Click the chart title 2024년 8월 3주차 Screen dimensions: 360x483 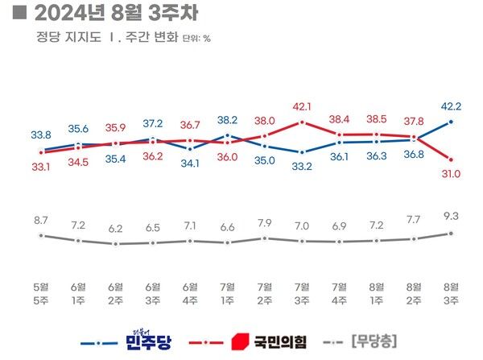click(x=108, y=14)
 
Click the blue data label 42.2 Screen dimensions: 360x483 click(x=451, y=105)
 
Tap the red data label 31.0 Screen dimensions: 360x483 click(x=451, y=173)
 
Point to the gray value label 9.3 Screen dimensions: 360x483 click(x=451, y=217)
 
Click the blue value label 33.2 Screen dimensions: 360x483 click(x=302, y=167)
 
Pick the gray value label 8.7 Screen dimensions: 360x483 click(x=41, y=219)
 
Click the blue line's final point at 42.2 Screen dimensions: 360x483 click(x=451, y=122)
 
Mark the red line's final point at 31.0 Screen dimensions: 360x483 click(x=451, y=159)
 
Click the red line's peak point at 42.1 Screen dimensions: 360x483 click(x=302, y=122)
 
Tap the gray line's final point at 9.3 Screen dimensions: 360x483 click(x=451, y=234)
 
